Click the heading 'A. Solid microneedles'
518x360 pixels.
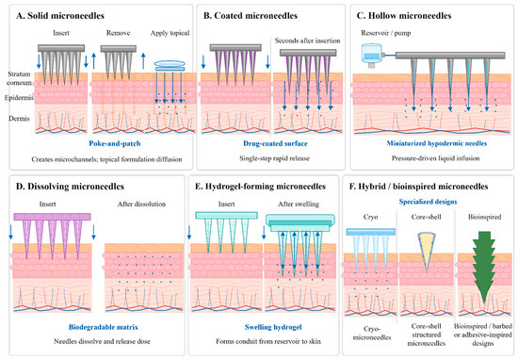pyautogui.click(x=60, y=15)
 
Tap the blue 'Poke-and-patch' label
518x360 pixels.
pyautogui.click(x=115, y=143)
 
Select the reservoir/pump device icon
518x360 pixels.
pyautogui.click(x=372, y=55)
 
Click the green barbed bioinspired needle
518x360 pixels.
pyautogui.click(x=484, y=267)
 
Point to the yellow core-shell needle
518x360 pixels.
pyautogui.click(x=427, y=251)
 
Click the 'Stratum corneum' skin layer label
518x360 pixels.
pyautogui.click(x=19, y=78)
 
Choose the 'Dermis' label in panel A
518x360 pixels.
pyautogui.click(x=19, y=119)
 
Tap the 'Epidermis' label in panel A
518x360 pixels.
pyautogui.click(x=19, y=97)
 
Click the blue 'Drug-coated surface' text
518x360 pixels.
pyautogui.click(x=275, y=143)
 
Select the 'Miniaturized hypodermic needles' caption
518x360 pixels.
pyautogui.click(x=437, y=143)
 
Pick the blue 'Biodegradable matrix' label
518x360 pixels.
pyautogui.click(x=104, y=327)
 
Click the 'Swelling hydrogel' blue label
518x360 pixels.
pyautogui.click(x=273, y=327)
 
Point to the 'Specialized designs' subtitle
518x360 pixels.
pyautogui.click(x=428, y=202)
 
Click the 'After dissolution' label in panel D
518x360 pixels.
pyautogui.click(x=141, y=204)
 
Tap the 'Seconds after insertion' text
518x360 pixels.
pyautogui.click(x=308, y=41)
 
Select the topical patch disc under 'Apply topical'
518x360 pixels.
pyautogui.click(x=170, y=65)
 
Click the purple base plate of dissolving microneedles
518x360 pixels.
pyautogui.click(x=52, y=217)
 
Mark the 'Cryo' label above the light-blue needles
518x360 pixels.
pyautogui.click(x=370, y=217)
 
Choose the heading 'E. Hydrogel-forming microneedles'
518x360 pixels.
pyautogui.click(x=260, y=187)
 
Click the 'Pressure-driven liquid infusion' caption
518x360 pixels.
pyautogui.click(x=436, y=158)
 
